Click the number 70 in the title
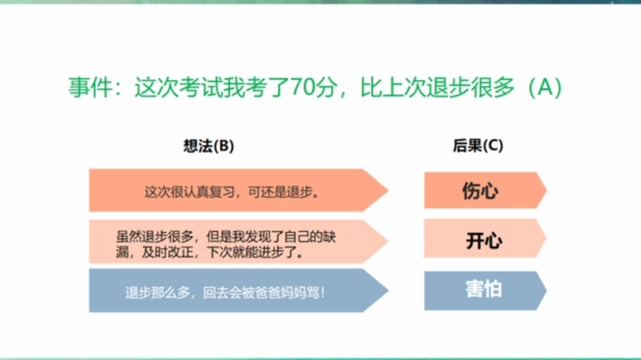[303, 87]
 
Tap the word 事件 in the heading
[90, 87]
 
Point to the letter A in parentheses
[545, 87]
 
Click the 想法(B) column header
[208, 146]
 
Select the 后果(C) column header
[478, 145]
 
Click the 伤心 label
[480, 191]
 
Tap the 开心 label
[484, 241]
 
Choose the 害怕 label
[484, 289]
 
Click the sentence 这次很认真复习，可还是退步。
[232, 192]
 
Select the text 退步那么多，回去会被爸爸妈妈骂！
[226, 292]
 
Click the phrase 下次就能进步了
[252, 253]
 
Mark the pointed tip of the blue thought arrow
[388, 291]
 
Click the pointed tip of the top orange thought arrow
[388, 190]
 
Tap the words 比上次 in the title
[393, 87]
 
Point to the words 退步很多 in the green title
[470, 87]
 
